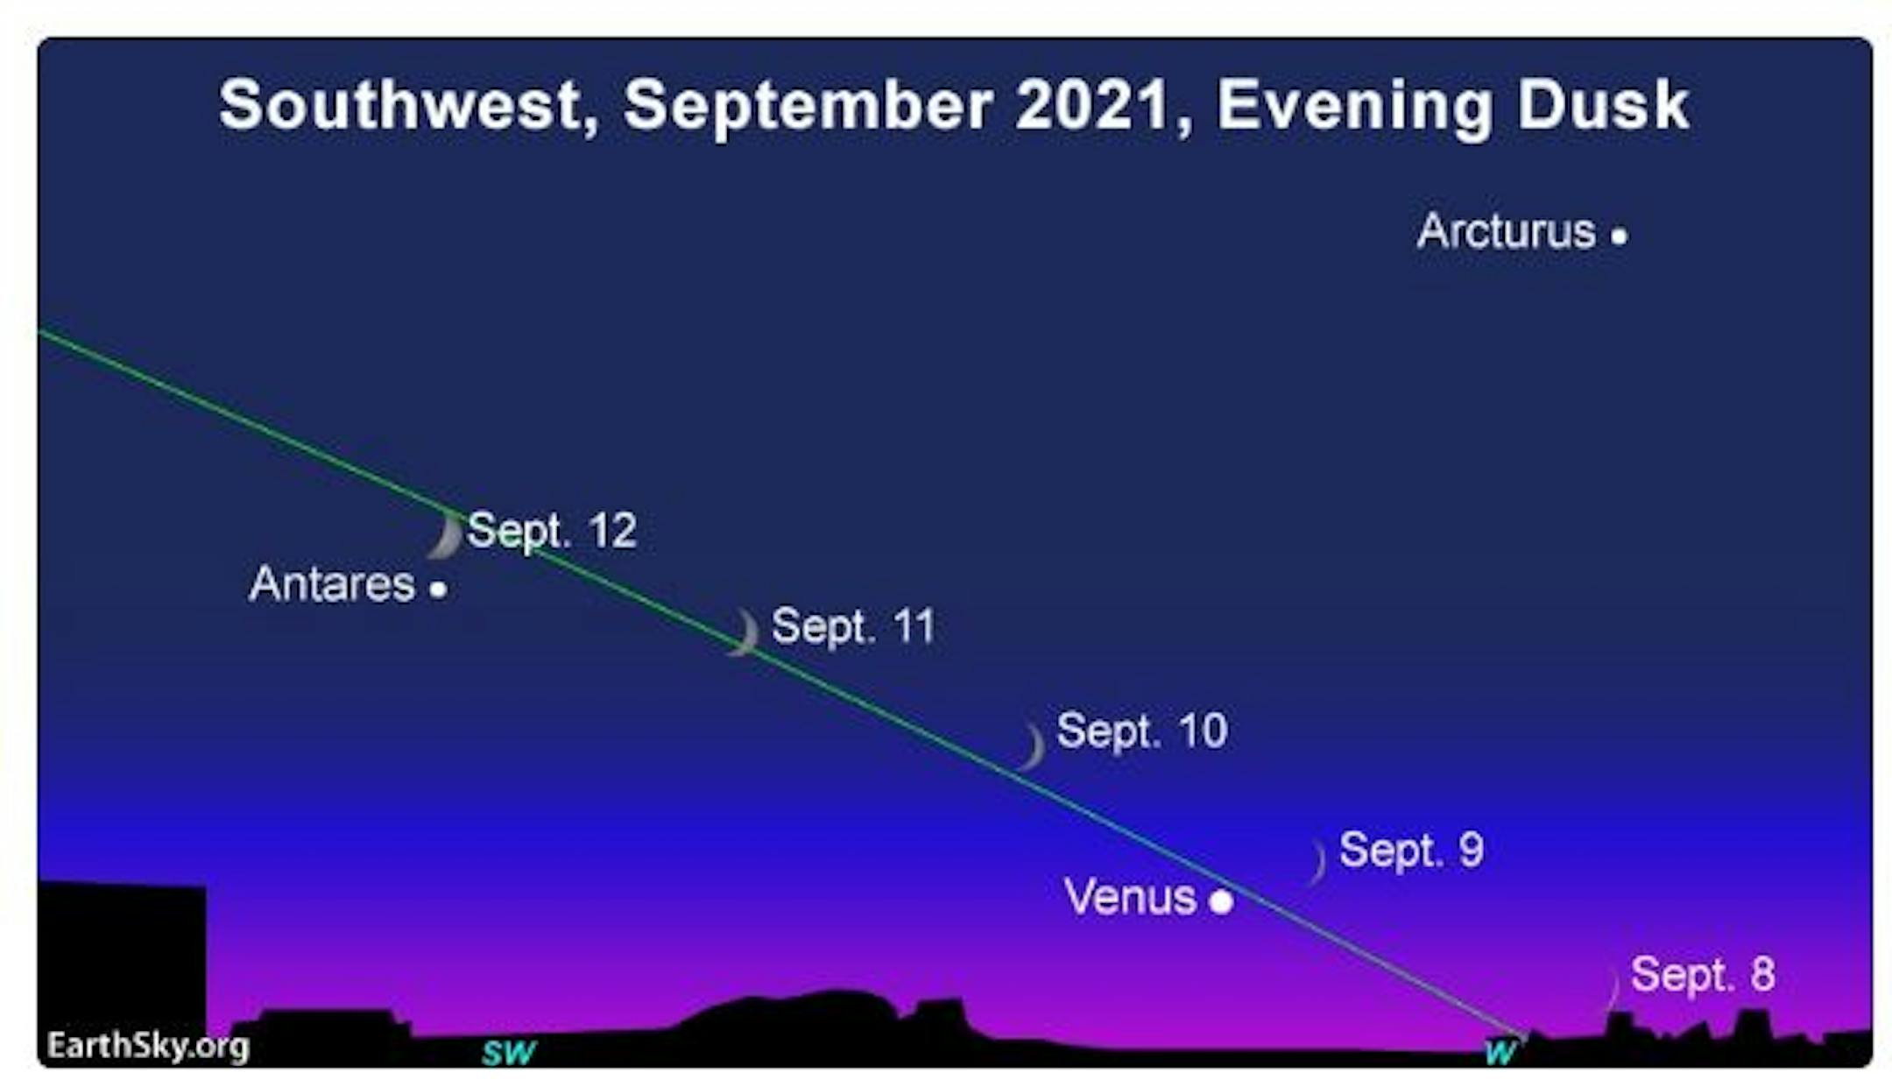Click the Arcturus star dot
1619,236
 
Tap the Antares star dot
438,589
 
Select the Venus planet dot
1221,900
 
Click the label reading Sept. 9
1411,850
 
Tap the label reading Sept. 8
1703,974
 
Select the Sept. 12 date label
552,531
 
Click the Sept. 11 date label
854,627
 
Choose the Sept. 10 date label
1142,731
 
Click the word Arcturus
1507,231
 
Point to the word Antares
332,584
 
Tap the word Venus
1130,897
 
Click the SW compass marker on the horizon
508,1051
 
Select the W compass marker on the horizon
1500,1050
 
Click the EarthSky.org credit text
148,1046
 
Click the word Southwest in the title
409,106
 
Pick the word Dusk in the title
1602,104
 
